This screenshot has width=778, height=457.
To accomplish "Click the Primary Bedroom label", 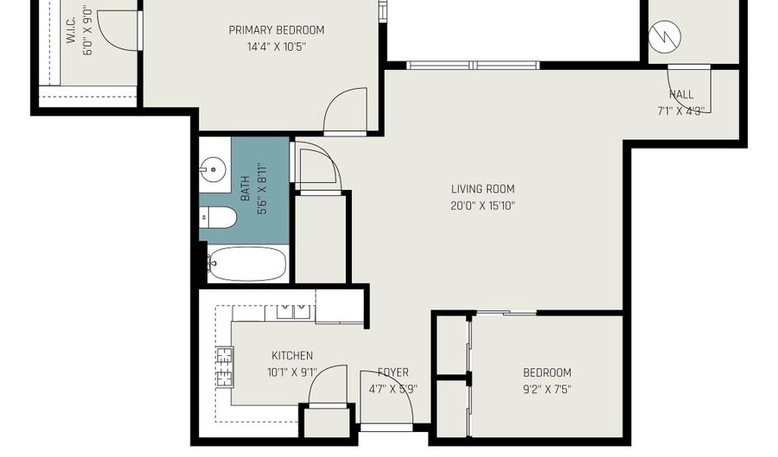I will click(x=277, y=30).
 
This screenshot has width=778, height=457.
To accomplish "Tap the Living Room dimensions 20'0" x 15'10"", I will click(x=483, y=206).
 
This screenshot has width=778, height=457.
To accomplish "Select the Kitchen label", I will click(x=292, y=356).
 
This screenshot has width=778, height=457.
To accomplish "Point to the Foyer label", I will click(x=392, y=372).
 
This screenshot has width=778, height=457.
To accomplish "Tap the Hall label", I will click(x=681, y=94).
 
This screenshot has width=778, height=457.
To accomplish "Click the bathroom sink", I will click(x=212, y=168).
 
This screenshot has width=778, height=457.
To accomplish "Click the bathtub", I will click(x=246, y=263).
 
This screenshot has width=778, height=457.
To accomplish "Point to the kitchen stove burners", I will click(x=224, y=365).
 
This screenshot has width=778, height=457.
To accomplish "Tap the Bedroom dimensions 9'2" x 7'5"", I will click(x=547, y=389).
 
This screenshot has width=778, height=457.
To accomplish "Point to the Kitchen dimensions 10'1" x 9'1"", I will click(x=292, y=373).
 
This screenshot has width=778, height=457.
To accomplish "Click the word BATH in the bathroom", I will click(x=245, y=187).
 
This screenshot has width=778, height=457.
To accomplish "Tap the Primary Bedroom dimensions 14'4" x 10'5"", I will click(x=277, y=47).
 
